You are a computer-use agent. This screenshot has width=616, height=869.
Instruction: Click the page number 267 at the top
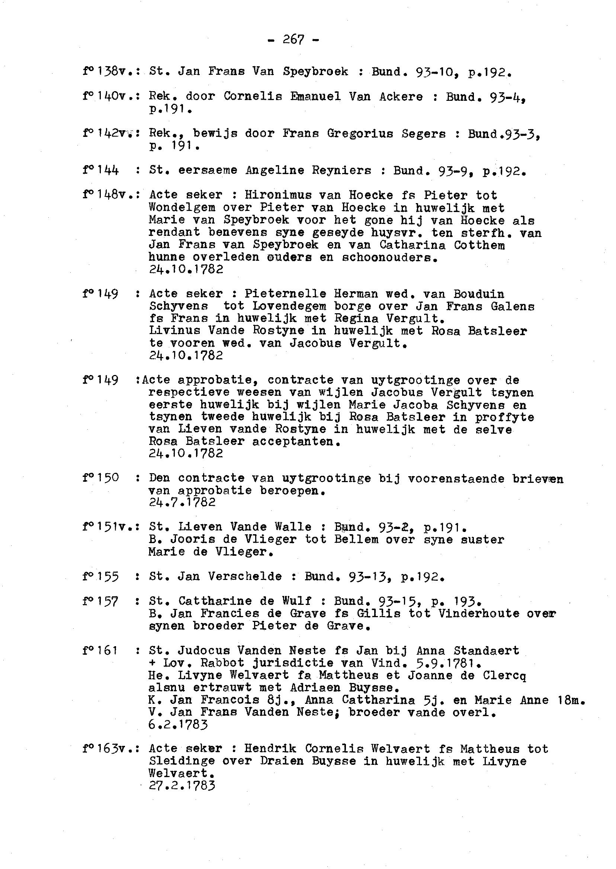(x=293, y=39)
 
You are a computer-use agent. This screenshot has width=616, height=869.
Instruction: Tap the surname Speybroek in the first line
(x=315, y=72)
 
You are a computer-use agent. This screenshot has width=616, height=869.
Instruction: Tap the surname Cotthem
(x=479, y=245)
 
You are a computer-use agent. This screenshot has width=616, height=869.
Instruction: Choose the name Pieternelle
(x=285, y=294)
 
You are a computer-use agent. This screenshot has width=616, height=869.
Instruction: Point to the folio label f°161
(x=100, y=651)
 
